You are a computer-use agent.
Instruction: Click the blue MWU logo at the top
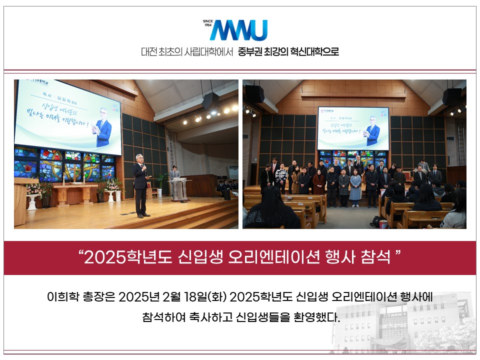click(239, 30)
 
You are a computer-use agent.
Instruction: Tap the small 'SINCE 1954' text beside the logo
click(207, 23)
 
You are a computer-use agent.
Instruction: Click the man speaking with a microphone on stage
click(141, 187)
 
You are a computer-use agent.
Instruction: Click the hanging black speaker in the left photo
click(210, 100)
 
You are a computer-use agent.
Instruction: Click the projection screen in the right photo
click(353, 128)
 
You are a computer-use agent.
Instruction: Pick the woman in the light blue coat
click(355, 187)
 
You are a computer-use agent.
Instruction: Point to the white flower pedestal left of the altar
click(33, 200)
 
